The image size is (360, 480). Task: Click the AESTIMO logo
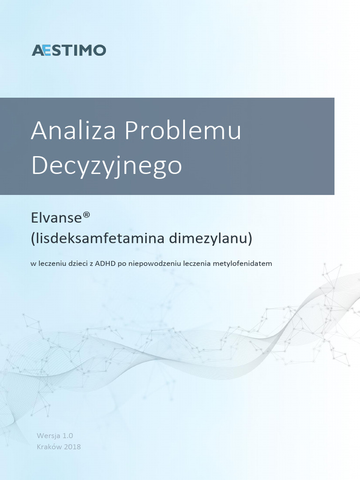coord(69,50)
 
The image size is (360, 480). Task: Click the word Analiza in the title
coord(74,131)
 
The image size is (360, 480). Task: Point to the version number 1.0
coord(67,435)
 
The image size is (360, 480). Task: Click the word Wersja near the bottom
coord(48,435)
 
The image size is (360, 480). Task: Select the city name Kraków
coord(49,446)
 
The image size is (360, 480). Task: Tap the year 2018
coord(72,446)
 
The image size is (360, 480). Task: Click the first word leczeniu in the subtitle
coord(52,263)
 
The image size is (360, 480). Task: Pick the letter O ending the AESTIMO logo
coord(100,50)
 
